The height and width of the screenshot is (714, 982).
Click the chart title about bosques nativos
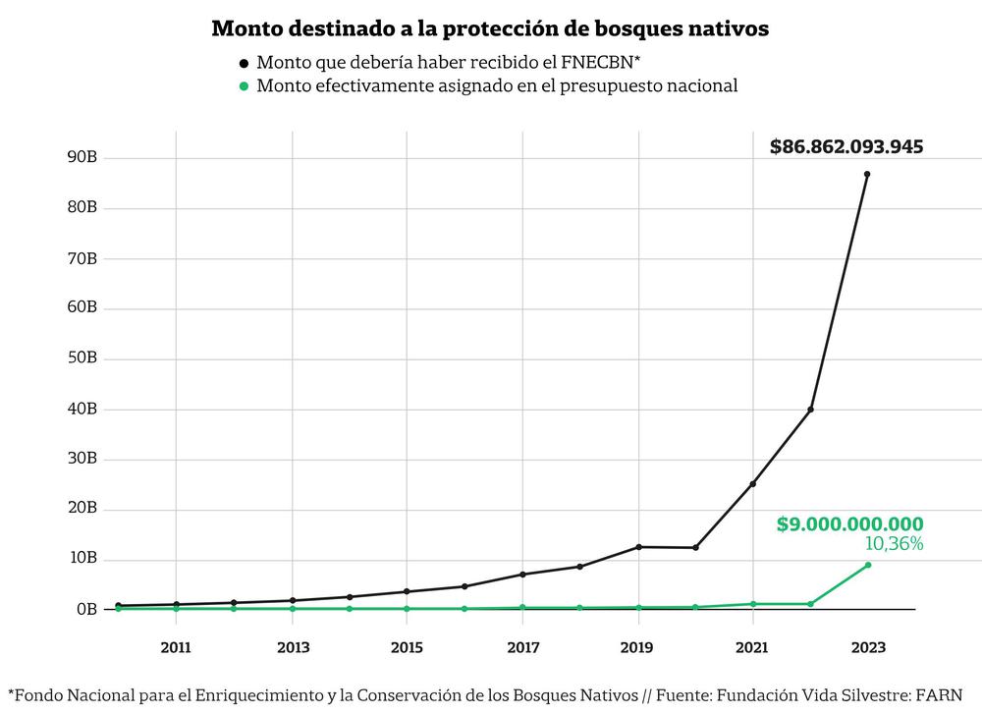(490, 29)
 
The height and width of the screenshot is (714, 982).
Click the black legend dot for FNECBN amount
(244, 63)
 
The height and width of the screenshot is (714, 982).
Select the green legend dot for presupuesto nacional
(244, 86)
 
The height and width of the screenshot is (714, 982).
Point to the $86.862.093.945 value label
(846, 147)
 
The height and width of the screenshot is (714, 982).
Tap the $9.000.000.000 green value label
(849, 524)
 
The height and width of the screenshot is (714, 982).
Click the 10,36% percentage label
(894, 543)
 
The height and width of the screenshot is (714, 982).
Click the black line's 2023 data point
(867, 174)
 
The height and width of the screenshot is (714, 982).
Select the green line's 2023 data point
(867, 565)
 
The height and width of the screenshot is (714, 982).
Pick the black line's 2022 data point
(810, 409)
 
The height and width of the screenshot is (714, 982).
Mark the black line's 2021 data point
(752, 483)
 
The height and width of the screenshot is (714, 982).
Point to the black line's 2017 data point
(522, 575)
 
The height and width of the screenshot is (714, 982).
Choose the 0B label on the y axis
(88, 609)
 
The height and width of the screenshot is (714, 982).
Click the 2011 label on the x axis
(177, 647)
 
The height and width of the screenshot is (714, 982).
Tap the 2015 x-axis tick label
(407, 647)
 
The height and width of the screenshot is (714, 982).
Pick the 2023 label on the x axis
(868, 647)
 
